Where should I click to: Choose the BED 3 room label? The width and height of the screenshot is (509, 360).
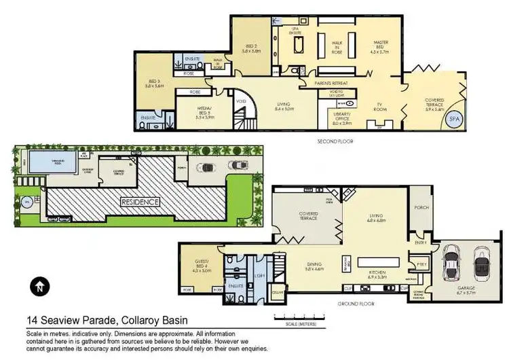tap(155, 84)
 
